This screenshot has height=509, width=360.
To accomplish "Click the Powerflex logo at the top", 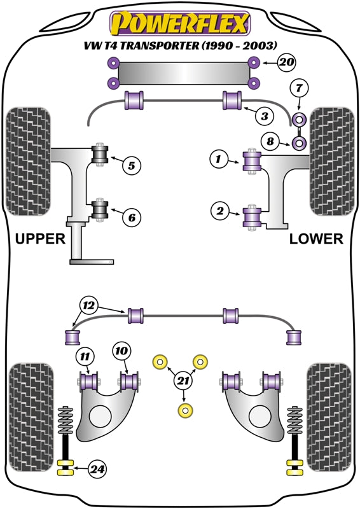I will pyautogui.click(x=179, y=24).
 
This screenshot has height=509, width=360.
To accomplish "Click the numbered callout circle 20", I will pyautogui.click(x=287, y=62).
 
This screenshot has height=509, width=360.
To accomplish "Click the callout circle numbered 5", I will pyautogui.click(x=130, y=166).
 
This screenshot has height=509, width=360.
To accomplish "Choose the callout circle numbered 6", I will pyautogui.click(x=131, y=218).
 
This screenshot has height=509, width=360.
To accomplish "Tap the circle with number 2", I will pyautogui.click(x=219, y=211).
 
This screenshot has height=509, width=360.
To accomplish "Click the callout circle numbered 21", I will pyautogui.click(x=184, y=381).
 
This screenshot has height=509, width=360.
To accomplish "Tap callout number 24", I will pyautogui.click(x=97, y=470).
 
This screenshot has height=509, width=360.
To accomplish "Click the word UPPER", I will pyautogui.click(x=40, y=239).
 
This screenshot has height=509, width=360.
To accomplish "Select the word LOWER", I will pyautogui.click(x=316, y=239).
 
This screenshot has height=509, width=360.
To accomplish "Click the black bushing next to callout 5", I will pyautogui.click(x=99, y=155).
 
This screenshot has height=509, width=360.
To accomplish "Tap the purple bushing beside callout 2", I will pyautogui.click(x=253, y=216).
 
